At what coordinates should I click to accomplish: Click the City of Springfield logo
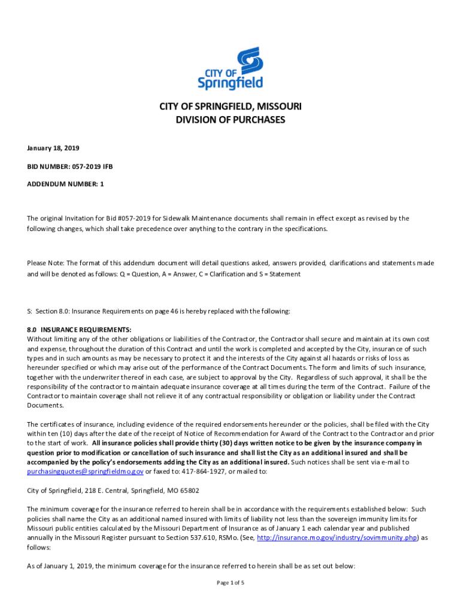point(230,69)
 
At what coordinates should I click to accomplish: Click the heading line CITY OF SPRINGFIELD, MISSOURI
point(230,107)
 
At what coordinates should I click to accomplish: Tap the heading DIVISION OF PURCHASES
point(230,120)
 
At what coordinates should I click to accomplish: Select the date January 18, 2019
point(53,148)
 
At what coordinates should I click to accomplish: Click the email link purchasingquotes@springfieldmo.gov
point(85,472)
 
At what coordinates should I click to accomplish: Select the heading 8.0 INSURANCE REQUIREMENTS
point(79,330)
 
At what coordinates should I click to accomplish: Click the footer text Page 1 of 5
point(230,583)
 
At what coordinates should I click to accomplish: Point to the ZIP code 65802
point(188,490)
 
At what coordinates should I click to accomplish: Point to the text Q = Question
point(134,274)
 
